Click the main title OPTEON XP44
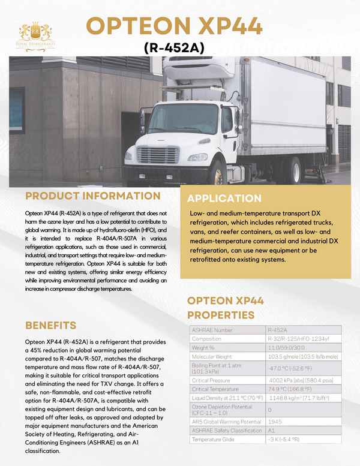175,25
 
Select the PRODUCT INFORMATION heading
93,196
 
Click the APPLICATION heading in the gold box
225,199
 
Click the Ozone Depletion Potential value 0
270,410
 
